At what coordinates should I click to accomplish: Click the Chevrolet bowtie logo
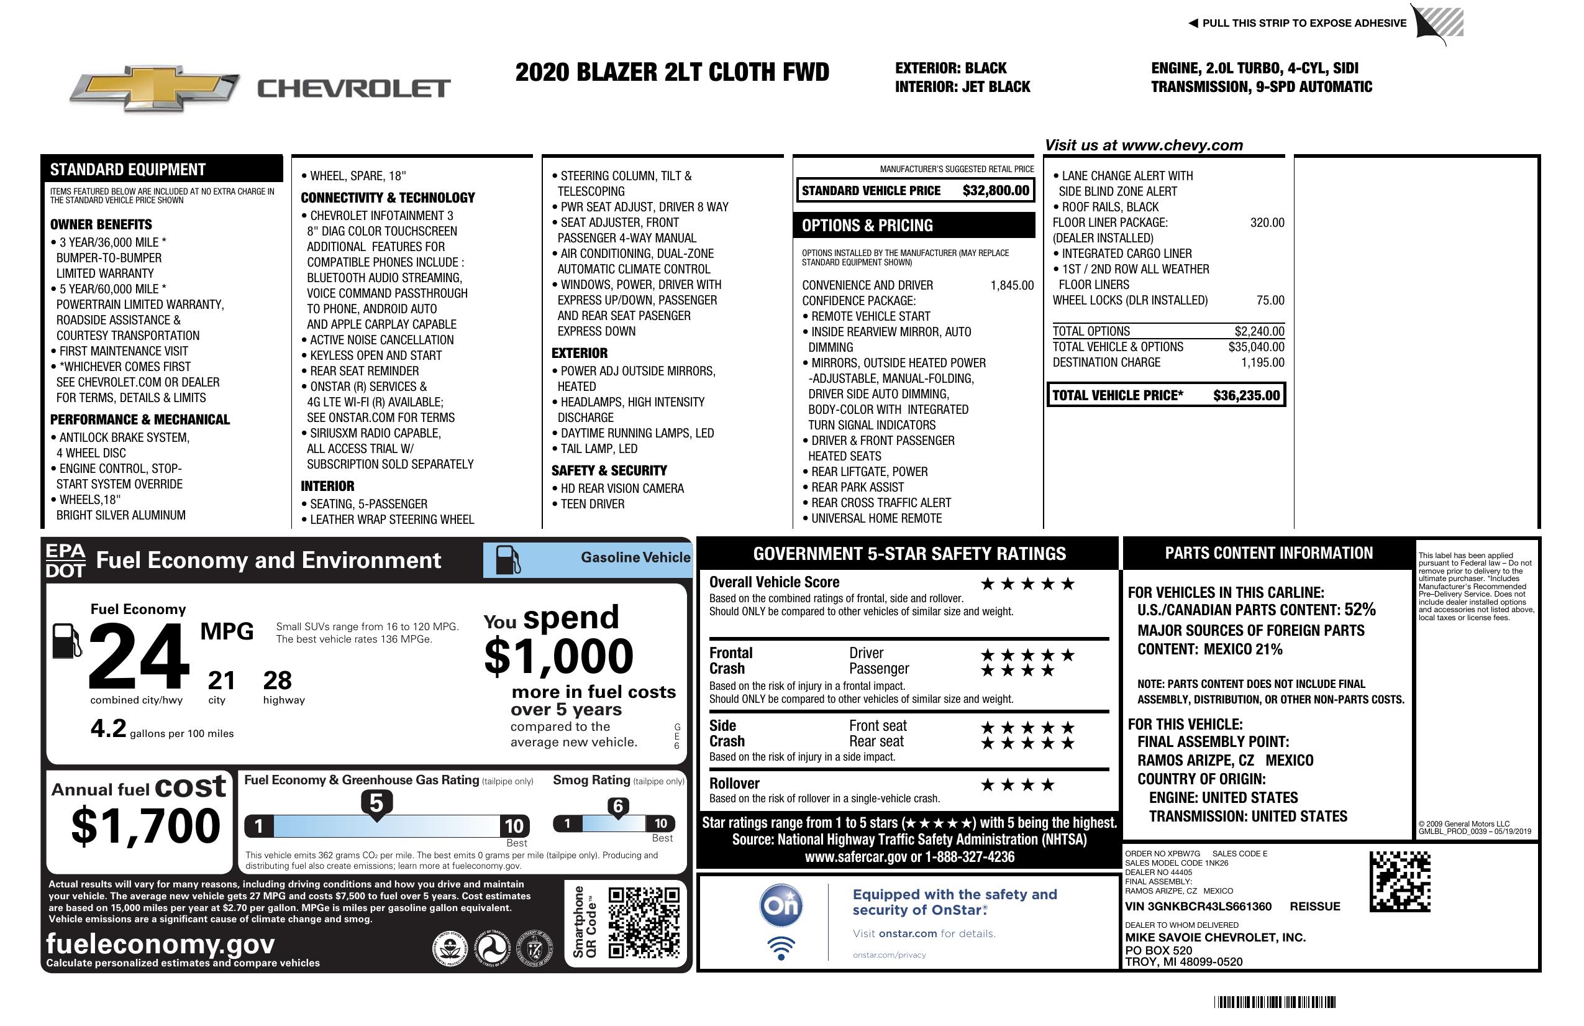[155, 88]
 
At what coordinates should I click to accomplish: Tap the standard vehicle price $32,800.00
[996, 191]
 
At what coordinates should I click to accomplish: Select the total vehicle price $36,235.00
[1246, 395]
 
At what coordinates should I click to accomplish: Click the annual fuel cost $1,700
[145, 826]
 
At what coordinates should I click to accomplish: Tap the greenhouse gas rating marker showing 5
[376, 804]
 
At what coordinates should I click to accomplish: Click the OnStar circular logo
[781, 905]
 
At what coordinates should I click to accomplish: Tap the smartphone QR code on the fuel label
[644, 922]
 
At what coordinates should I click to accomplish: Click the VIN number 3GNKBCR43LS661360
[1198, 907]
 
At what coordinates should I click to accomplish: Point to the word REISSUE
[1314, 907]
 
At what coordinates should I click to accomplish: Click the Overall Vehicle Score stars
[1027, 585]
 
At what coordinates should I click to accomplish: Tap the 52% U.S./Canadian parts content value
[1360, 610]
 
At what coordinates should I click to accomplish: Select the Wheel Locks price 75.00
[1270, 300]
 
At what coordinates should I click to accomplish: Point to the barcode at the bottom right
[1274, 1002]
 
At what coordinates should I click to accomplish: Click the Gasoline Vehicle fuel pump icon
[508, 559]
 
